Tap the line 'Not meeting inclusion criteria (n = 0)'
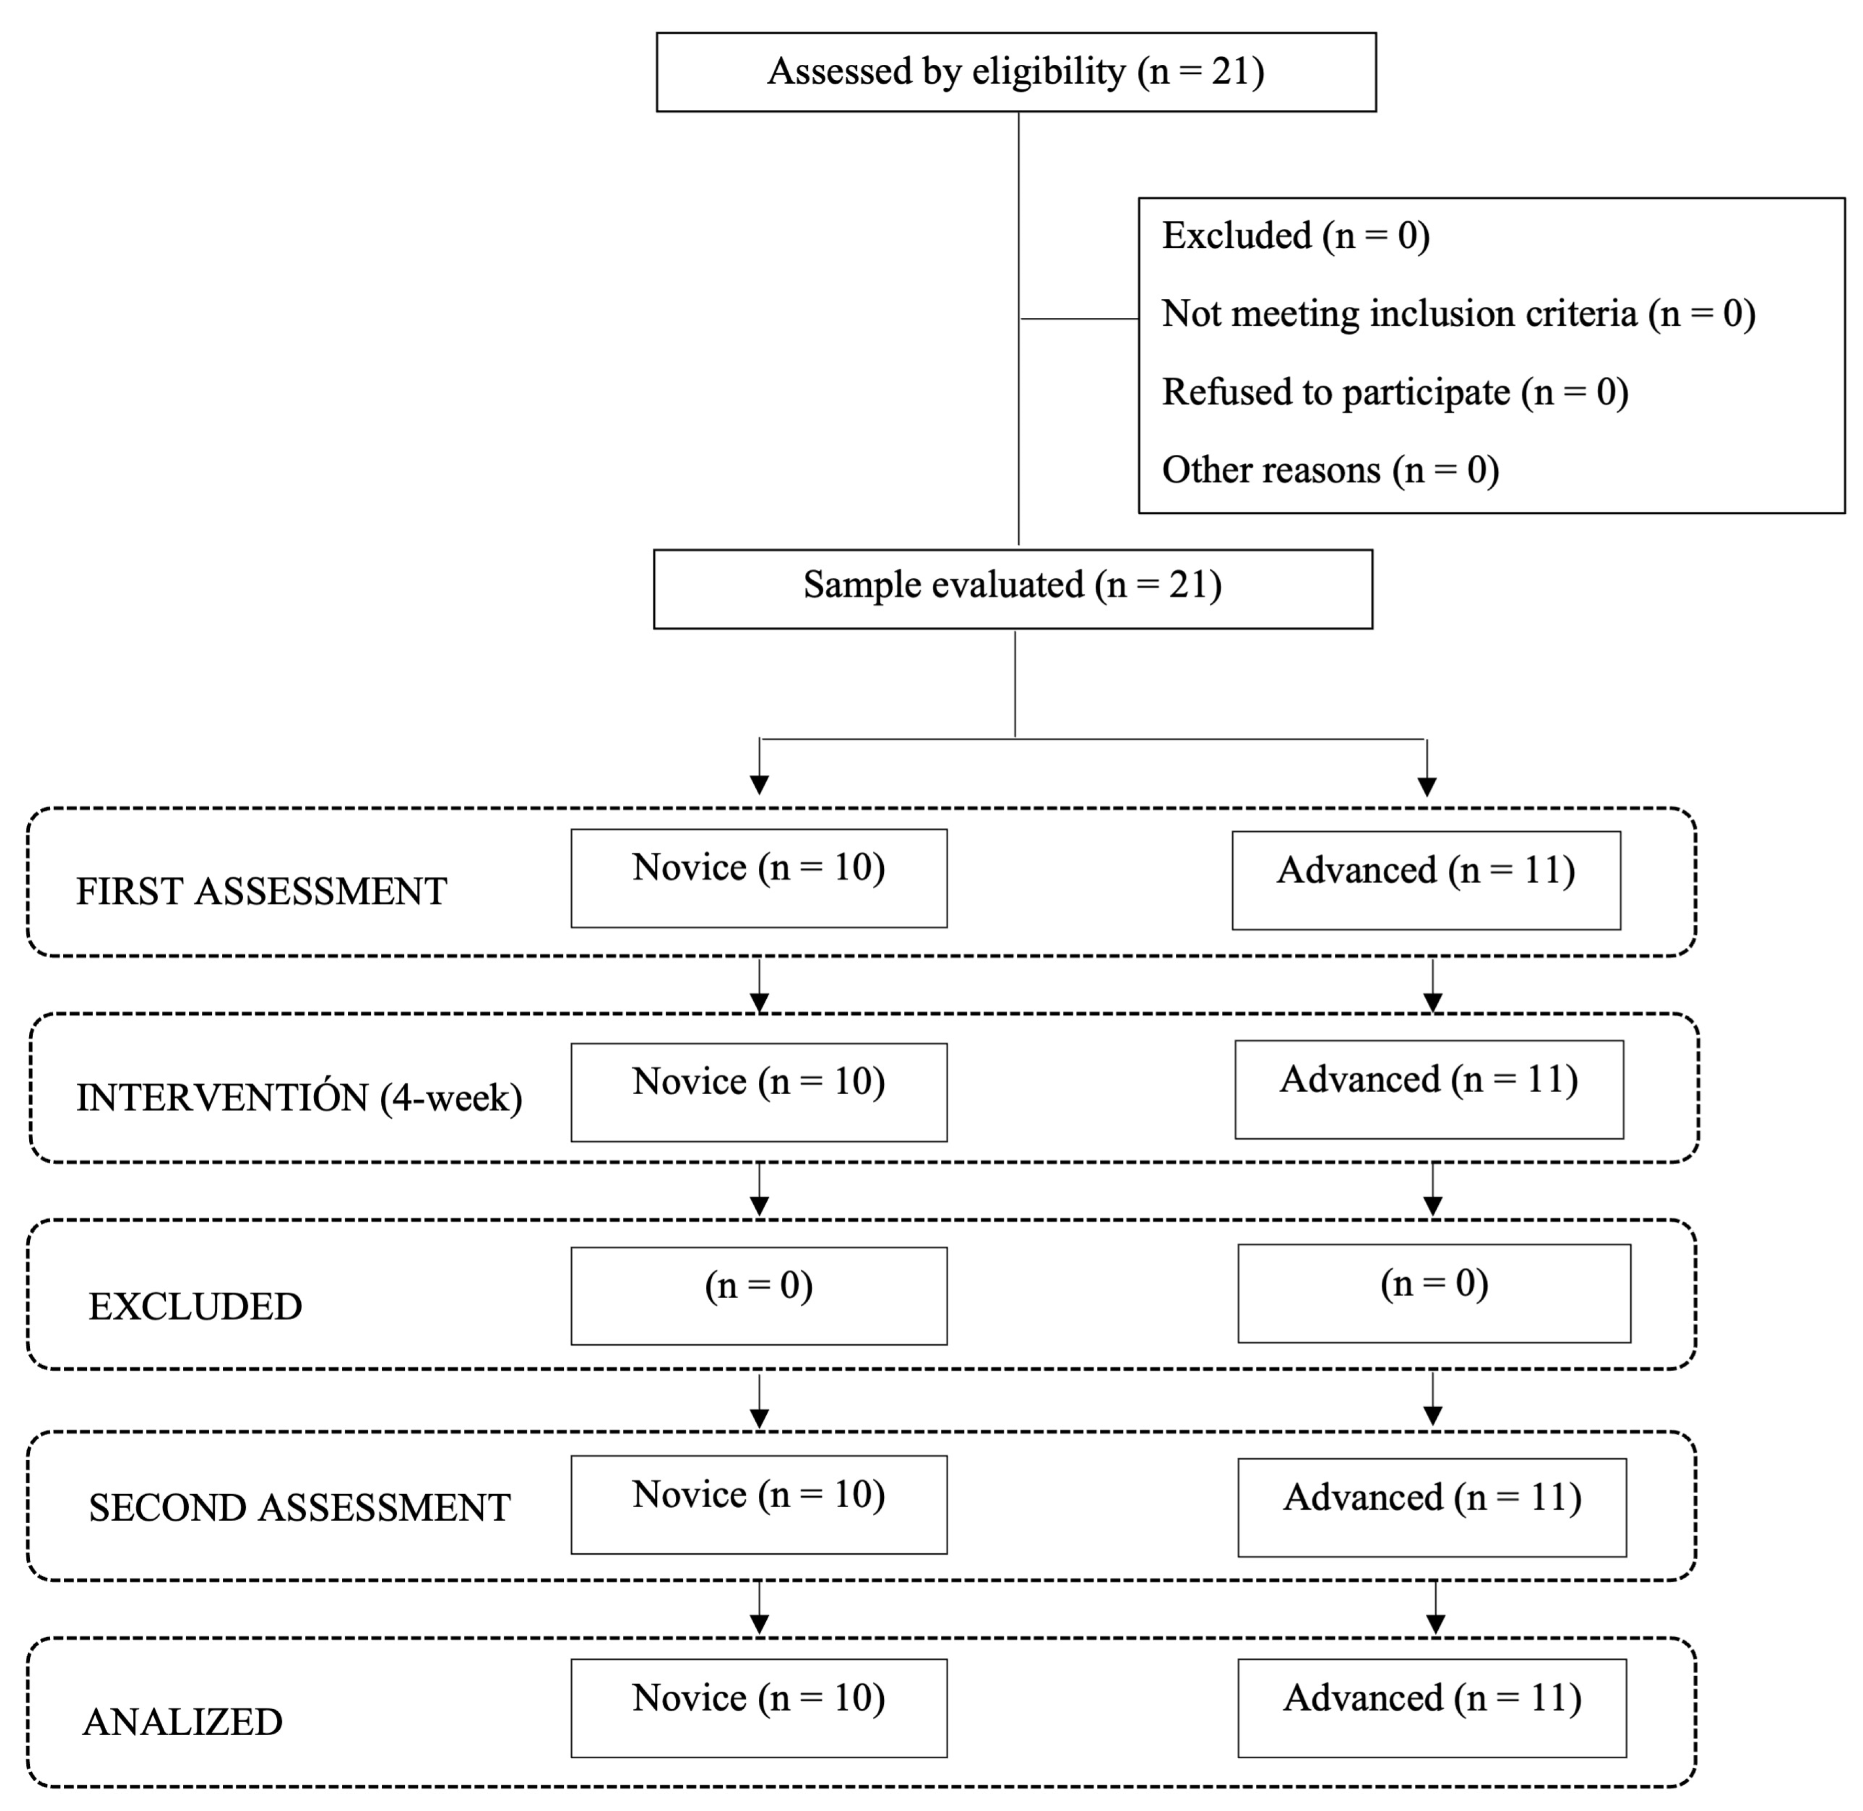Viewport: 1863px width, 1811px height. point(1458,314)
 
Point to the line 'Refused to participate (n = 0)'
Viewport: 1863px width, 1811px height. point(1395,392)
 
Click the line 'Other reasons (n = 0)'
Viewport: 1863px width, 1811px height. point(1330,470)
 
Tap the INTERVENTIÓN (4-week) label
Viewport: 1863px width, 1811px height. point(299,1098)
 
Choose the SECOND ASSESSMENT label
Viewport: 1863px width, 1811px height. point(299,1508)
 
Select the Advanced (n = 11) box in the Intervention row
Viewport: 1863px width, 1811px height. point(1428,1089)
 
